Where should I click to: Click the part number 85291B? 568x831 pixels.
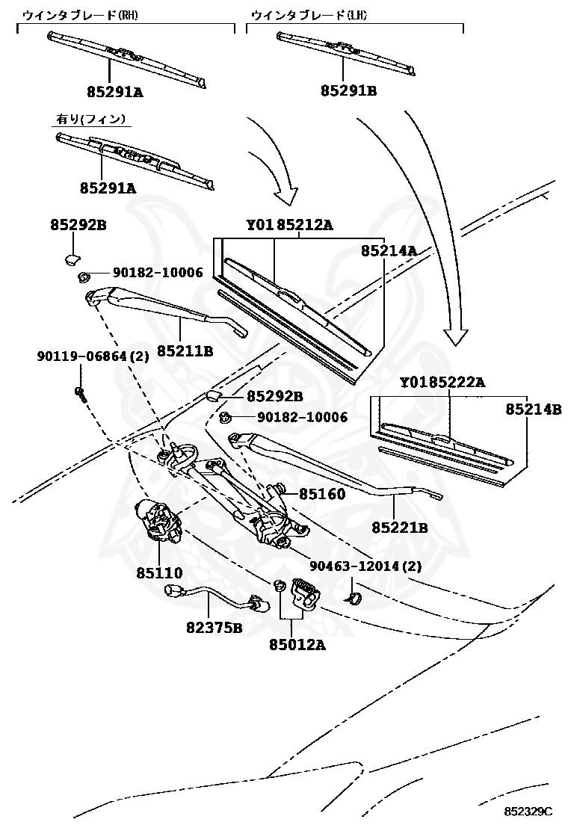coord(348,91)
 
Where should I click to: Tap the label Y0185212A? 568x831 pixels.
coord(289,226)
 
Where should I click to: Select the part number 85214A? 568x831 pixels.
coord(389,251)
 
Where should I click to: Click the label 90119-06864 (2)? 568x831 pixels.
coord(93,356)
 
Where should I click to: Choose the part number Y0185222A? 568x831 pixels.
coord(442,383)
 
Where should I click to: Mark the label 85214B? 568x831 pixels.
coord(533,410)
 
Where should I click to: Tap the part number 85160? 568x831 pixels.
coord(322,494)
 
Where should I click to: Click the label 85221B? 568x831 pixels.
coord(399,528)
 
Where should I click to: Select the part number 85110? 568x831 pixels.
coord(159,573)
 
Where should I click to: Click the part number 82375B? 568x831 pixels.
coord(214,628)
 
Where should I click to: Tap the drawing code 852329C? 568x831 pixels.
coord(528,812)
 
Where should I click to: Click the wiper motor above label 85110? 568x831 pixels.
coord(158,520)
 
